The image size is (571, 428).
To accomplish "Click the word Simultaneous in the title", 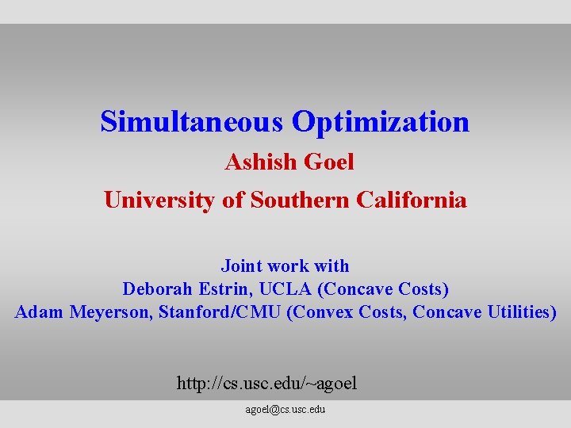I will [x=191, y=122].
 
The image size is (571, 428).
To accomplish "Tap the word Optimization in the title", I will [x=381, y=122].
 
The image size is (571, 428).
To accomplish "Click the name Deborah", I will [x=155, y=289].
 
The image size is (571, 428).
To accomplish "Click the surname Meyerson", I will [x=110, y=311].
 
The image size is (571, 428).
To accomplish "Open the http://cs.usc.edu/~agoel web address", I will [x=266, y=384].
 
